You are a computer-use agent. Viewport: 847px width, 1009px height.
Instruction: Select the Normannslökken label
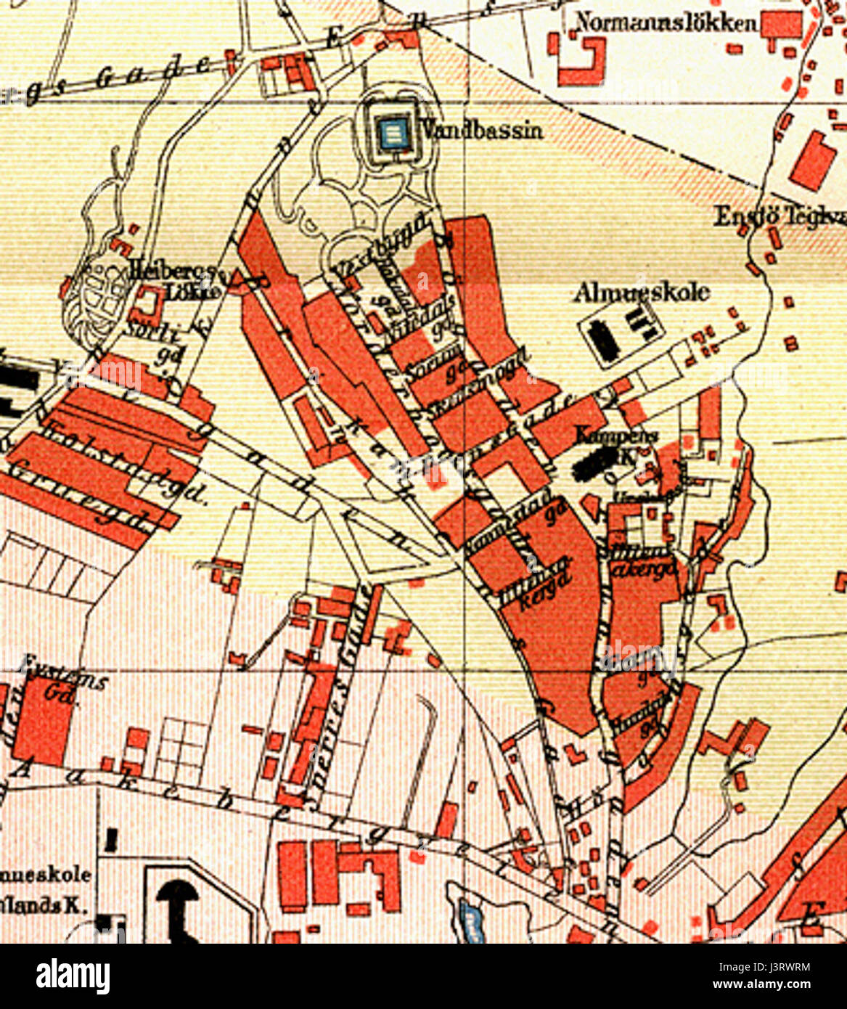[666, 23]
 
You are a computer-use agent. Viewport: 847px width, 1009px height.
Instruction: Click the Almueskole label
[642, 293]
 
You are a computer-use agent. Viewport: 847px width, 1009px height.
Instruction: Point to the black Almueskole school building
[603, 338]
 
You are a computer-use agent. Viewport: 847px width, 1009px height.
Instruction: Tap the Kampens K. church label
[617, 439]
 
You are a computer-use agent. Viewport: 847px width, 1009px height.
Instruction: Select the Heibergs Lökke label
[174, 279]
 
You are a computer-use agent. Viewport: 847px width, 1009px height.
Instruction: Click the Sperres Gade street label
[341, 697]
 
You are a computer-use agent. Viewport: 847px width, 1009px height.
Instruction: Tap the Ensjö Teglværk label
[780, 216]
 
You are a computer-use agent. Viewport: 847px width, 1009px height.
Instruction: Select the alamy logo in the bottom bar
[73, 976]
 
